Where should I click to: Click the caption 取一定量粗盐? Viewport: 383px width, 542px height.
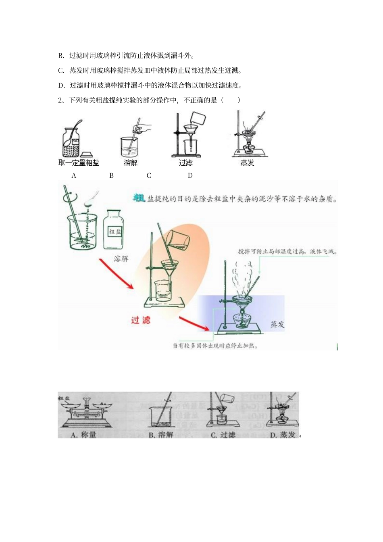pyautogui.click(x=79, y=163)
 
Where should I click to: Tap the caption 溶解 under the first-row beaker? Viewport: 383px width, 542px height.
pyautogui.click(x=131, y=163)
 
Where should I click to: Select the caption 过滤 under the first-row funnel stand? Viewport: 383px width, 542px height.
pyautogui.click(x=186, y=163)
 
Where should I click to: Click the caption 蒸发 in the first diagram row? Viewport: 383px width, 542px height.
pyautogui.click(x=247, y=163)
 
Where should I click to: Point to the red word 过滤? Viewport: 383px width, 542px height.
pyautogui.click(x=141, y=320)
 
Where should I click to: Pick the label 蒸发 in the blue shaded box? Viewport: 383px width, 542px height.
pyautogui.click(x=277, y=324)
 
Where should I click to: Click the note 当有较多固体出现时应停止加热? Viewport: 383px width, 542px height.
pyautogui.click(x=215, y=346)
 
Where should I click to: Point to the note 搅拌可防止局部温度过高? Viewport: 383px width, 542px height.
pyautogui.click(x=287, y=252)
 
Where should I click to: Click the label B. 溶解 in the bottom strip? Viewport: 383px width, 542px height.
pyautogui.click(x=161, y=435)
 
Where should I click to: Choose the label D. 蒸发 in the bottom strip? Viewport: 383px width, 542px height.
pyautogui.click(x=283, y=435)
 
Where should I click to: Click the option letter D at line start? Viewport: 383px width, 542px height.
pyautogui.click(x=61, y=85)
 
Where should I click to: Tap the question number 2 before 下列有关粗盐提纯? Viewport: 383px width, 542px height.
pyautogui.click(x=60, y=100)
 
